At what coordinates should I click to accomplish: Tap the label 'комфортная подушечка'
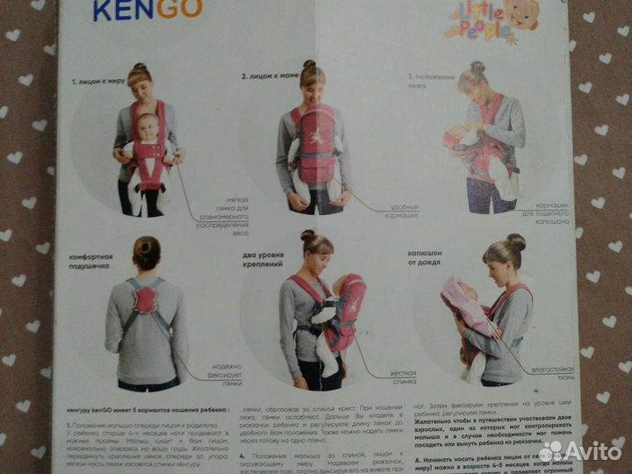click(x=91, y=262)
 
